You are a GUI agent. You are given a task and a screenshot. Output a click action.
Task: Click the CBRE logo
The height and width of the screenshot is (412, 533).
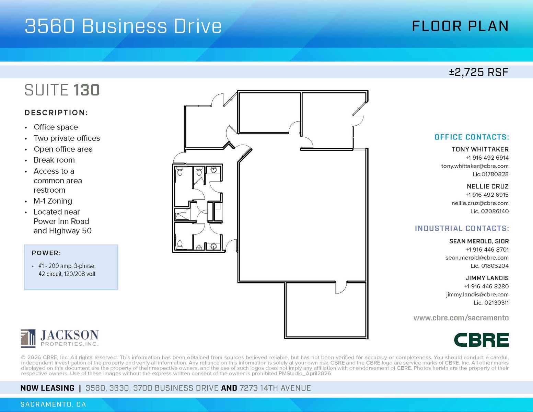[481, 340]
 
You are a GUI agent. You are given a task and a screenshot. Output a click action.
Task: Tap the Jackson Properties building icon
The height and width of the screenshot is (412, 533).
[28, 338]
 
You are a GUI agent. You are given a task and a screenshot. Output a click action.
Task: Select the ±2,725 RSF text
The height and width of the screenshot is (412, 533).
[478, 72]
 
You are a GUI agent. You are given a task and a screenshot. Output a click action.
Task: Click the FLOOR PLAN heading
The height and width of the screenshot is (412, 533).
[460, 26]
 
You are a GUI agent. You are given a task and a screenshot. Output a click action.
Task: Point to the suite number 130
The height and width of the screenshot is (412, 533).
[86, 90]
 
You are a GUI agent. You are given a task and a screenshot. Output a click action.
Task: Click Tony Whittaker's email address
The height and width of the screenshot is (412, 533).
[475, 166]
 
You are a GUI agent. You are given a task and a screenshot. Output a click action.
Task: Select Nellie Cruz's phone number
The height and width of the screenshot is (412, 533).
[487, 195]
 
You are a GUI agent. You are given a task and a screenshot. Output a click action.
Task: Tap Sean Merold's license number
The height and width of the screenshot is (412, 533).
[489, 266]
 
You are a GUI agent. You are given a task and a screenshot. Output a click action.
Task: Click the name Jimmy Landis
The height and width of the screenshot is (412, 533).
[487, 278]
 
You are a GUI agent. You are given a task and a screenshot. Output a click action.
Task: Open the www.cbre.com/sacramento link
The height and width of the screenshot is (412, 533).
[461, 318]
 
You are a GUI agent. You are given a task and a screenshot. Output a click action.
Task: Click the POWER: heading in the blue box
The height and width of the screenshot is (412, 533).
[46, 253]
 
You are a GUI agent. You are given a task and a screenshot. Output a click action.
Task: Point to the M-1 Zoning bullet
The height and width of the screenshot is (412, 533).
[53, 201]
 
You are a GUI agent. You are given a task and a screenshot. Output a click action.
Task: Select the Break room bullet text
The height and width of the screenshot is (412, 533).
[54, 160]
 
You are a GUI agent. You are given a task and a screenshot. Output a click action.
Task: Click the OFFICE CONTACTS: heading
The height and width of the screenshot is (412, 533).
[472, 137]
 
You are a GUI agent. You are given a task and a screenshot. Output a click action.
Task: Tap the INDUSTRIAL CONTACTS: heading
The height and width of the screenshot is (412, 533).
[462, 229]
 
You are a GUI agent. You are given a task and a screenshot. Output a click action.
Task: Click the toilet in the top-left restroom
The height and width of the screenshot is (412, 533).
[179, 171]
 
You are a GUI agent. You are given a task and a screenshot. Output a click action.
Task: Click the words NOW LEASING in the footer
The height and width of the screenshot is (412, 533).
[47, 388]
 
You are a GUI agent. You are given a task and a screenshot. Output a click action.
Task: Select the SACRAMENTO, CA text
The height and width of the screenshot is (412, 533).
[53, 404]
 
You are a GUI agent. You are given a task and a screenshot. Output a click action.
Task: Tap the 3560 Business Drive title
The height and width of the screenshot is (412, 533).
[123, 26]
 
